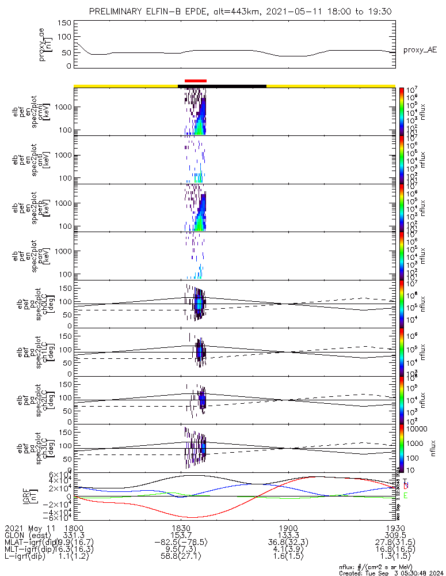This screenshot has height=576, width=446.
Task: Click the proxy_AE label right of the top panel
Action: click(420, 50)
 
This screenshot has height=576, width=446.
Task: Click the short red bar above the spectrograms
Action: click(195, 81)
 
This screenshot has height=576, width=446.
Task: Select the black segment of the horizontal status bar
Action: click(222, 86)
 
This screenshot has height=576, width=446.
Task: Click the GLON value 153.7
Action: click(181, 535)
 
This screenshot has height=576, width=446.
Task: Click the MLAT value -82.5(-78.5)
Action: click(181, 542)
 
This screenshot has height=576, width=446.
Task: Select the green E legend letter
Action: click(406, 495)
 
